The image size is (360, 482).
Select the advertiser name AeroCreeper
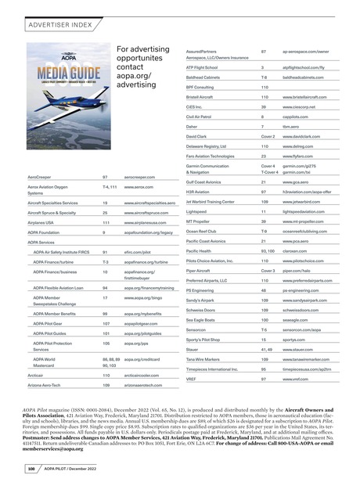coord(40,178)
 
